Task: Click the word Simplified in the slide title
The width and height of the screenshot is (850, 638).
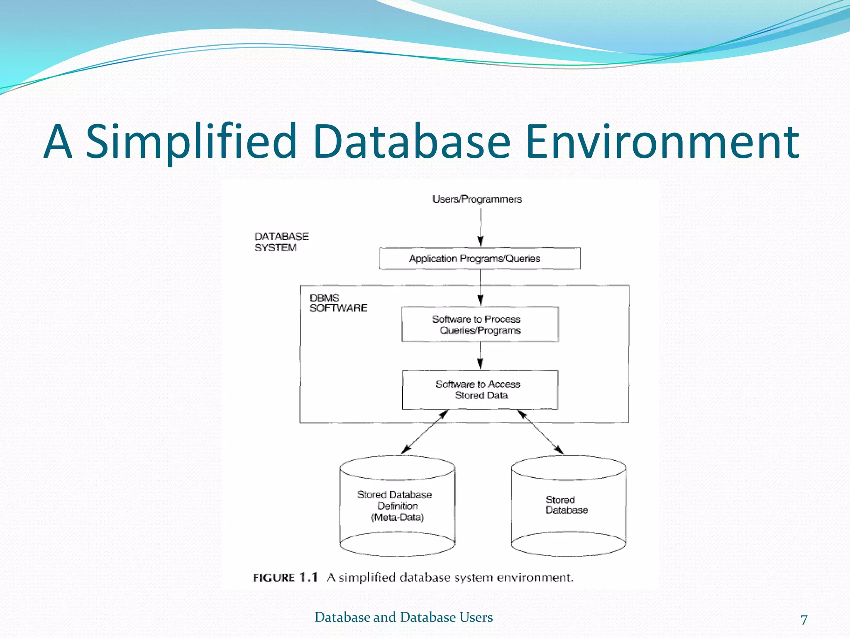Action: pyautogui.click(x=192, y=142)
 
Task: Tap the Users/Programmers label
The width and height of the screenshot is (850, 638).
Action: pyautogui.click(x=477, y=199)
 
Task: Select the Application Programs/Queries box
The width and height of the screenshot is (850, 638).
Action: pyautogui.click(x=480, y=259)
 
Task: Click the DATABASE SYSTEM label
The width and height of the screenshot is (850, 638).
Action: pyautogui.click(x=281, y=242)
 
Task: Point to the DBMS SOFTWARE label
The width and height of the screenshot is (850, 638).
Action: pyautogui.click(x=338, y=303)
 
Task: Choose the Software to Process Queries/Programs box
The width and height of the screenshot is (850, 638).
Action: pyautogui.click(x=480, y=325)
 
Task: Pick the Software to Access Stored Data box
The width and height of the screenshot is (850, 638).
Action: pyautogui.click(x=480, y=390)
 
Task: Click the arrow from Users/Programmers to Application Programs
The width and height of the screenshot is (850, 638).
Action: pyautogui.click(x=481, y=228)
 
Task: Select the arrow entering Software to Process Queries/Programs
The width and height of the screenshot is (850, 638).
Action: pyautogui.click(x=481, y=288)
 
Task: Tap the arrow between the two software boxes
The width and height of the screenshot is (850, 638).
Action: pyautogui.click(x=481, y=356)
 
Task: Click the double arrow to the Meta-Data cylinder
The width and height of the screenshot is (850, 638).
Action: pyautogui.click(x=425, y=432)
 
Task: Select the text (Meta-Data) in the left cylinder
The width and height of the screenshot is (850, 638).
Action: pyautogui.click(x=397, y=518)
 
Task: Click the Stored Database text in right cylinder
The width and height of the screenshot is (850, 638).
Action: pyautogui.click(x=567, y=505)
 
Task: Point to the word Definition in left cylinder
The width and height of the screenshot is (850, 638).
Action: pyautogui.click(x=397, y=506)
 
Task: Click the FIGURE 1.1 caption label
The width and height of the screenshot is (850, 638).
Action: pyautogui.click(x=286, y=578)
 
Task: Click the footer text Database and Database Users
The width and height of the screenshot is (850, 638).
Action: pyautogui.click(x=403, y=617)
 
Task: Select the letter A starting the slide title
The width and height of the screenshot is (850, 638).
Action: pyautogui.click(x=58, y=142)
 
